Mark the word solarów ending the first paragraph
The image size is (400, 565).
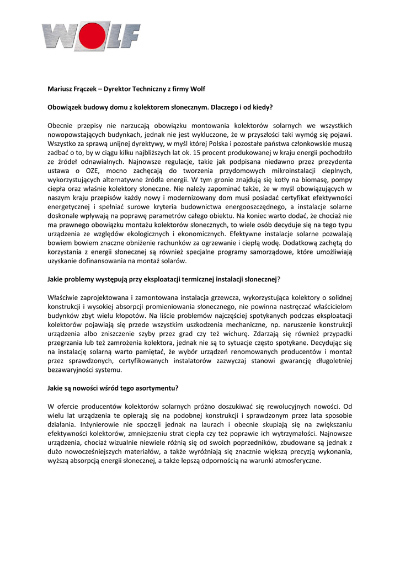[x=173, y=261]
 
